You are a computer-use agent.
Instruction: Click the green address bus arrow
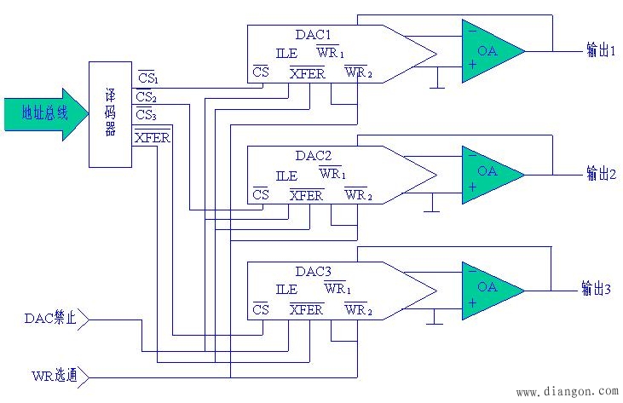point(46,114)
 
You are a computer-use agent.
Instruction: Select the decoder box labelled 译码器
point(110,114)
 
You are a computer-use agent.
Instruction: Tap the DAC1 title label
point(313,35)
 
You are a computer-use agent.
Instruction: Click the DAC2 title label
point(313,155)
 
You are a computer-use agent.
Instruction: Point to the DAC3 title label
point(313,272)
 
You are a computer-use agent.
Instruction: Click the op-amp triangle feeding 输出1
point(493,51)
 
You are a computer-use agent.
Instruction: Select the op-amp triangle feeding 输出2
point(493,175)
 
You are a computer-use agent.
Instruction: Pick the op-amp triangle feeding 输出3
point(493,291)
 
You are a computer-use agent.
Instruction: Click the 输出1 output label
point(601,50)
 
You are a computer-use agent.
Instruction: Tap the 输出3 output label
point(596,288)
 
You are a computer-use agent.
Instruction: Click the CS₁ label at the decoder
point(147,77)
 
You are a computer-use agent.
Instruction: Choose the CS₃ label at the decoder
point(146,114)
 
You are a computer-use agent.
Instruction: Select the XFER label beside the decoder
point(153,136)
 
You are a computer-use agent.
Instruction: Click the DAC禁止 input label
point(50,318)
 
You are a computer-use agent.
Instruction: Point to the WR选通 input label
point(55,375)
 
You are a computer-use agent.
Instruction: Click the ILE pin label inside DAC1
point(286,53)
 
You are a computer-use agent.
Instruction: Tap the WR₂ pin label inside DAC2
point(358,194)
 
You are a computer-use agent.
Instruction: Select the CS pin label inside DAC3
point(261,308)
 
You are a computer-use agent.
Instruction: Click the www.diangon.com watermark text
point(568,391)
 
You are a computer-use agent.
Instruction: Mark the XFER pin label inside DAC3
point(306,308)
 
